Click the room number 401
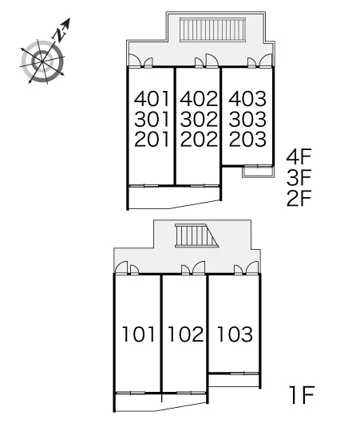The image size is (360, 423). click(152, 99)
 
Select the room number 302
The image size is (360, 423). click(199, 119)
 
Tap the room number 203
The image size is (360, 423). click(247, 139)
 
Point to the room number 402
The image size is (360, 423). click(199, 99)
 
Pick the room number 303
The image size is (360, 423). click(247, 119)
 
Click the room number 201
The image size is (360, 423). click(152, 139)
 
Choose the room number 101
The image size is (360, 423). click(139, 334)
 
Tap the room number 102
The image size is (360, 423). click(186, 334)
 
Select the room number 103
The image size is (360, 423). click(235, 334)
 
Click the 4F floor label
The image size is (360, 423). click(299, 156)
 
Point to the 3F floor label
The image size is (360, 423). click(299, 177)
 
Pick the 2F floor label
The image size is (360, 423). click(299, 198)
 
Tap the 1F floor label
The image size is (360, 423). click(302, 395)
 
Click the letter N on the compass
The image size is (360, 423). click(59, 35)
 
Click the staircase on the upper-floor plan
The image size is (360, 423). click(212, 30)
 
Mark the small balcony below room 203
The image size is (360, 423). click(259, 172)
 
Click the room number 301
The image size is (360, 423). click(152, 119)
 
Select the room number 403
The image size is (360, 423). click(247, 99)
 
